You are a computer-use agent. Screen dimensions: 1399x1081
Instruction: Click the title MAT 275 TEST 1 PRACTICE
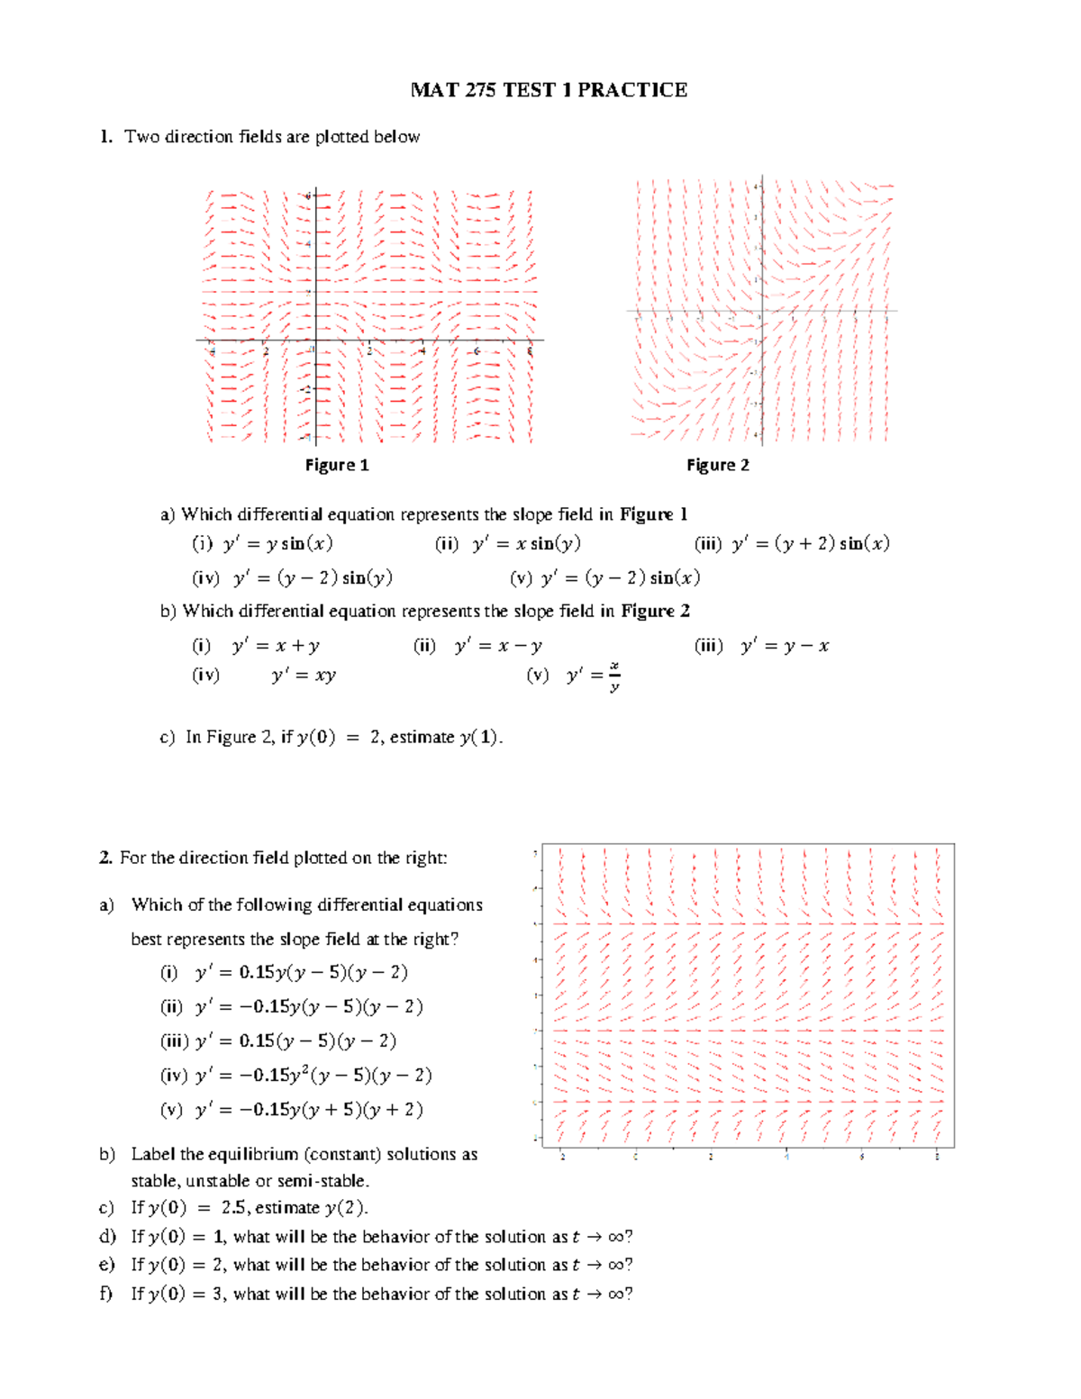pyautogui.click(x=549, y=90)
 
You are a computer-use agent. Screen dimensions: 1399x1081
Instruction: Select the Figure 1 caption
pyautogui.click(x=336, y=465)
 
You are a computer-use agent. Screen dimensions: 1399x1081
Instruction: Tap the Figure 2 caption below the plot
pyautogui.click(x=717, y=465)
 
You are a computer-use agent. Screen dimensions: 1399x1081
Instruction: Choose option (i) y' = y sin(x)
pyautogui.click(x=277, y=543)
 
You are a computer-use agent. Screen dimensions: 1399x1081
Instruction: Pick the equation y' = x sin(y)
pyautogui.click(x=526, y=543)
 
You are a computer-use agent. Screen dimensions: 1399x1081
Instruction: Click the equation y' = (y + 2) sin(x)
pyautogui.click(x=810, y=543)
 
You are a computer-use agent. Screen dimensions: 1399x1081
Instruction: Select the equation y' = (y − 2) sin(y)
pyautogui.click(x=313, y=577)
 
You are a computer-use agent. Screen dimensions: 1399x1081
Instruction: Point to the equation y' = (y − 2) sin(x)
pyautogui.click(x=621, y=577)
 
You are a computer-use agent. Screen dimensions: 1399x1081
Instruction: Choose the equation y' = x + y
pyautogui.click(x=276, y=646)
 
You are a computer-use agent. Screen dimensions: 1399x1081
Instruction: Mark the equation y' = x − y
pyautogui.click(x=498, y=646)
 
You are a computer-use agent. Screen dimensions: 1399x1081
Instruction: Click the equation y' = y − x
pyautogui.click(x=785, y=646)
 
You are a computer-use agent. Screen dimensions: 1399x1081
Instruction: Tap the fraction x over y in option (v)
pyautogui.click(x=614, y=676)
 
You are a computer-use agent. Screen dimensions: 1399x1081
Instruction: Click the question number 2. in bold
pyautogui.click(x=105, y=858)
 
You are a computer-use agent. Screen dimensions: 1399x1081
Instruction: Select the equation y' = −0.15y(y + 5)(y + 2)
pyautogui.click(x=309, y=1109)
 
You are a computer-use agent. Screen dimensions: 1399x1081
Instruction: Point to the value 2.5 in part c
pyautogui.click(x=234, y=1208)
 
